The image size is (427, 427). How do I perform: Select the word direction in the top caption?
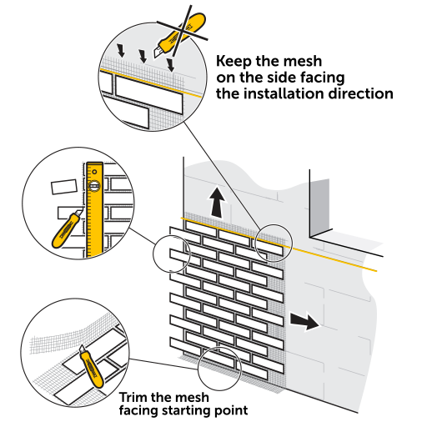pos(361,93)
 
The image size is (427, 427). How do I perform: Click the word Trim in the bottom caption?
pos(133,397)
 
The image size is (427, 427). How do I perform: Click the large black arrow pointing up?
pos(217,203)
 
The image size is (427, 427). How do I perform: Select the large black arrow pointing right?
pos(304,320)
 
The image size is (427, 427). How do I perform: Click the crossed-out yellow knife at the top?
pos(180,35)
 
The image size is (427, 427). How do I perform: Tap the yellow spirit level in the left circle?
pos(94,210)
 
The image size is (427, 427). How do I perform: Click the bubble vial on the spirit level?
pos(94,186)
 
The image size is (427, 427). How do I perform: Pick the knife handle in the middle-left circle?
pos(65,231)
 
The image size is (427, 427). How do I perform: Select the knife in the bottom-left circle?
pos(92,366)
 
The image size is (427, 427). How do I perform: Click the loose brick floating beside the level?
pos(64,187)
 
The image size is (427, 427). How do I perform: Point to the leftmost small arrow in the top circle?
pos(121,50)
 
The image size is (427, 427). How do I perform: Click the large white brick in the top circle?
pos(149,94)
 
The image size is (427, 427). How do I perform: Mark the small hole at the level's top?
pos(95,172)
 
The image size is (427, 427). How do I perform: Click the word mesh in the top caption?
pos(304,62)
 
